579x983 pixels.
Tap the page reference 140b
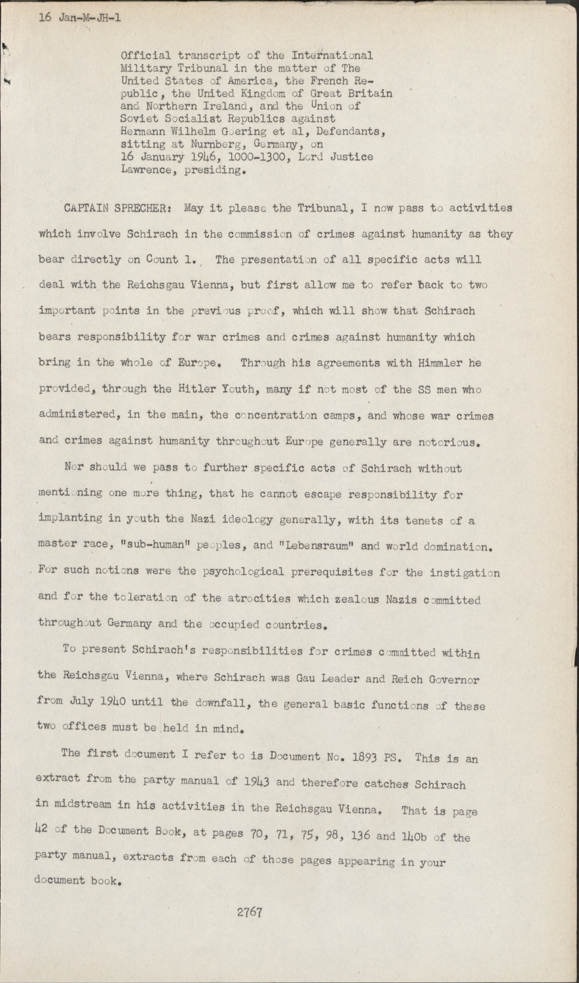(426, 837)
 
